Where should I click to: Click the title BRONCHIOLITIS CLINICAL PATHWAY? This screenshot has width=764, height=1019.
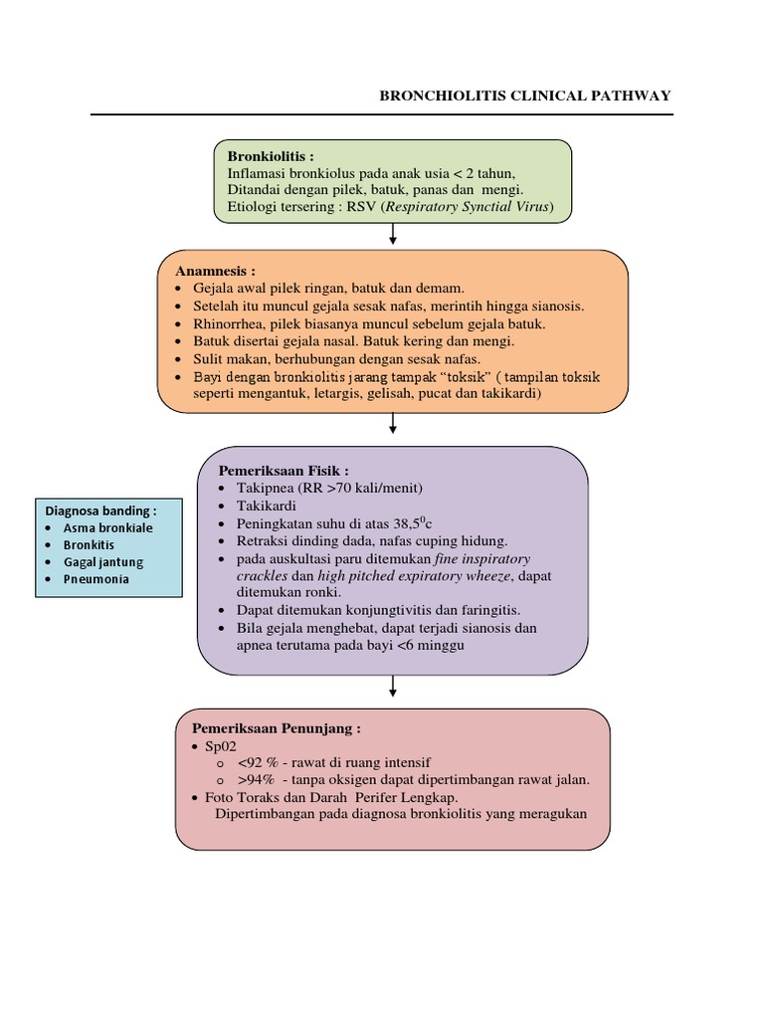click(525, 96)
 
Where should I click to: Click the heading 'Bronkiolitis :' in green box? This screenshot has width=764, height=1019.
click(271, 156)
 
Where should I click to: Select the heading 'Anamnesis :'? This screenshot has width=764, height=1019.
click(216, 271)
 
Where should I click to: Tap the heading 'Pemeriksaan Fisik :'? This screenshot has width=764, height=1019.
click(284, 470)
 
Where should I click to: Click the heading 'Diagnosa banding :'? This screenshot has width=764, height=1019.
click(99, 510)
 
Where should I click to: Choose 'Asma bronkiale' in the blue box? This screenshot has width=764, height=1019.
click(108, 527)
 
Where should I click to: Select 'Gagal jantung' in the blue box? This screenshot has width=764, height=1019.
click(103, 561)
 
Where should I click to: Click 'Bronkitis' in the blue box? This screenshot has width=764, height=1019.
click(90, 544)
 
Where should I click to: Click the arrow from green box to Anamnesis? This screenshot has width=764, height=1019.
click(394, 235)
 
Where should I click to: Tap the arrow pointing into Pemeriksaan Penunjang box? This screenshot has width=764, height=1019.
click(394, 686)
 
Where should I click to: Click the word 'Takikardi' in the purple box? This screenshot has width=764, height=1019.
click(267, 506)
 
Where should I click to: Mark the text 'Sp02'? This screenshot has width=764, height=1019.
click(222, 745)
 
